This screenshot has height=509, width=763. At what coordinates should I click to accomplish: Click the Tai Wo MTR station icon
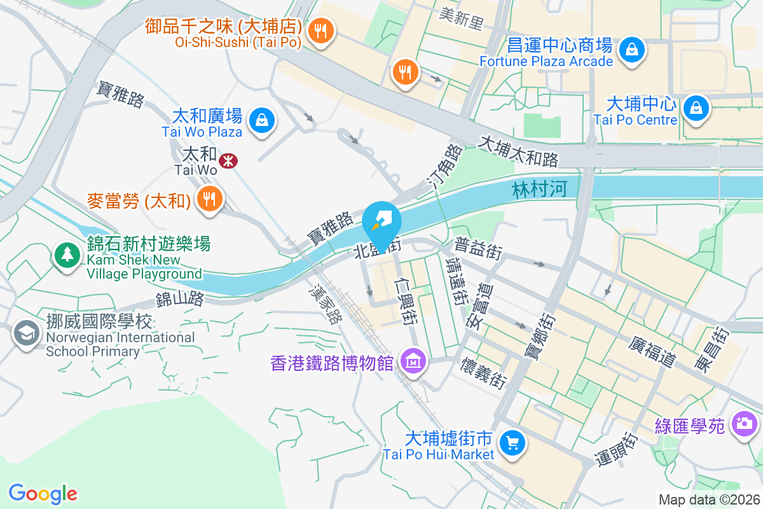click(228, 161)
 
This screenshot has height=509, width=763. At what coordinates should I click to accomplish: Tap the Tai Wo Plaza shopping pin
click(261, 120)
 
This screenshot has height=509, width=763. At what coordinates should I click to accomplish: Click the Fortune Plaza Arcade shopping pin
click(632, 49)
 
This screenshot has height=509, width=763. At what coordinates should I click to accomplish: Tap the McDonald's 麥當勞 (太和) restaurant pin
click(208, 199)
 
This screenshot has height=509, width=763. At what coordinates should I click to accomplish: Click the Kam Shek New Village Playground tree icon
click(67, 254)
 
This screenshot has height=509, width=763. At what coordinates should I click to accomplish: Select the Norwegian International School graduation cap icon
click(27, 332)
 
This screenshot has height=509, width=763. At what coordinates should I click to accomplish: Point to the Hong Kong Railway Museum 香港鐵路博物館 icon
click(413, 362)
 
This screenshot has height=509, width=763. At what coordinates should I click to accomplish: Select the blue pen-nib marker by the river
click(381, 220)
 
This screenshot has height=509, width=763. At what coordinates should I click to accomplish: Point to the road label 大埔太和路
click(518, 150)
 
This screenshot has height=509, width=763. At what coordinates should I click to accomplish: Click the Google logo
click(43, 493)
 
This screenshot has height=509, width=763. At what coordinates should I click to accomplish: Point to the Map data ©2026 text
click(708, 499)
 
